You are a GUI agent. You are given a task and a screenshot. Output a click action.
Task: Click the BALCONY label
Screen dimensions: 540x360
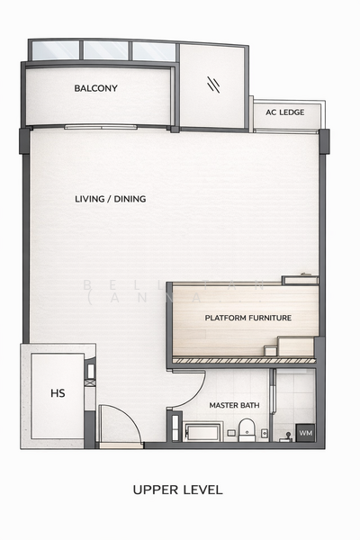point(96,88)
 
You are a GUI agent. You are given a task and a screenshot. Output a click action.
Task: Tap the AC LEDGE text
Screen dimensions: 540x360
point(284,112)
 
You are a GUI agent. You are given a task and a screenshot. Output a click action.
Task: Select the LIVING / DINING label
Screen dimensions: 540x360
point(110,199)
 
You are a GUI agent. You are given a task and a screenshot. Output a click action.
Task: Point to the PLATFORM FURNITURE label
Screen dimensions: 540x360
point(247,318)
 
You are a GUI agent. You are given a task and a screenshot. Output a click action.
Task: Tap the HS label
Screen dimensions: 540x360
point(58,393)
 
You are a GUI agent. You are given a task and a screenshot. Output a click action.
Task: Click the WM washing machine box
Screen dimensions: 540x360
point(305,433)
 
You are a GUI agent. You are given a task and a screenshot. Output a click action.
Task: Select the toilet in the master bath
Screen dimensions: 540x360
point(247,428)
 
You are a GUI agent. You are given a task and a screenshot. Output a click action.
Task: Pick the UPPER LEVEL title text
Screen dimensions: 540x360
point(177,490)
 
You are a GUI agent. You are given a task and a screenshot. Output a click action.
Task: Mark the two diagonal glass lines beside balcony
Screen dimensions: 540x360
point(214,85)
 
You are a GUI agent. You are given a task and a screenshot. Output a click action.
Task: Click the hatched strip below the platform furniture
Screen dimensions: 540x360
point(243,360)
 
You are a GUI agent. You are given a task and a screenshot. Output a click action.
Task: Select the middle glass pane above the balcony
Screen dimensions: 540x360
point(106,50)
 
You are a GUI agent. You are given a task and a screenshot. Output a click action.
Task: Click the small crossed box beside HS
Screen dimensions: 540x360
point(89,382)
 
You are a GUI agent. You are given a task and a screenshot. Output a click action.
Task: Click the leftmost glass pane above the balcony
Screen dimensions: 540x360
point(55,50)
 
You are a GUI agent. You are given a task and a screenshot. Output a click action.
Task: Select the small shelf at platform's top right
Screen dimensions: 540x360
point(300,280)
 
